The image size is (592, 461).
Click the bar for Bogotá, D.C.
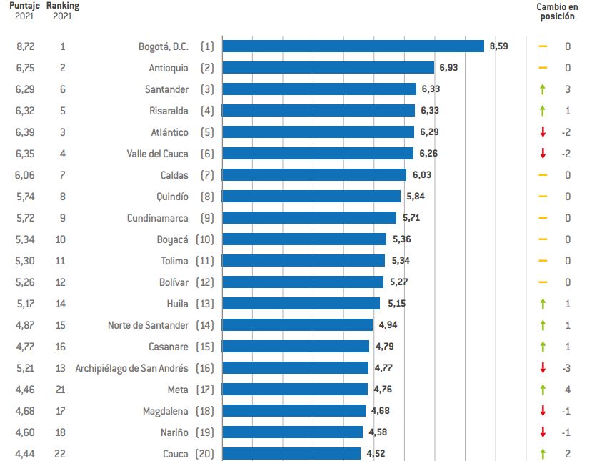353,46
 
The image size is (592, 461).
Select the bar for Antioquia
328,68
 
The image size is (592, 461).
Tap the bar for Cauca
291,454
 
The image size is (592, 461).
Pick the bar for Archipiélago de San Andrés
296,368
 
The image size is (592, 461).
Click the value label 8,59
498,46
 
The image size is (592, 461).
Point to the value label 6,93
448,68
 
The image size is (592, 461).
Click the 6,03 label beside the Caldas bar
421,175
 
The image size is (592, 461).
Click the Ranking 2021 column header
63,11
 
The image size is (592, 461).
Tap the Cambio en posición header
556,11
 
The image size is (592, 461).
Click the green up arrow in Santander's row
543,89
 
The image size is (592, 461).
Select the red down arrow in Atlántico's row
543,132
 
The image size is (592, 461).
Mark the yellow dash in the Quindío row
543,197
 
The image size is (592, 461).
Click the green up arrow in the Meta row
543,390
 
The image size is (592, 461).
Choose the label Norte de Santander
148,325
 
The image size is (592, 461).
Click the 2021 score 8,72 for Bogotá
24,46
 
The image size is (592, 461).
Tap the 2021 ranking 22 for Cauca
63,454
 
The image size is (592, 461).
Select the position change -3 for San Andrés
567,368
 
